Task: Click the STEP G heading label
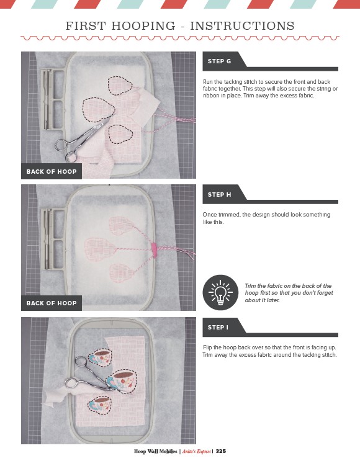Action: point(219,61)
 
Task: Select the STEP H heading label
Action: point(219,195)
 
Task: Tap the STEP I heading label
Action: point(218,328)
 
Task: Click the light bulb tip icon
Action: point(220,292)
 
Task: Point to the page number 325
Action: point(221,451)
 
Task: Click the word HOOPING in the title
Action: point(143,26)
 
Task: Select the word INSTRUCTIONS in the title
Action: point(242,26)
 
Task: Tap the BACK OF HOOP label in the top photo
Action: point(52,171)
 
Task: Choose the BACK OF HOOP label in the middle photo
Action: point(52,303)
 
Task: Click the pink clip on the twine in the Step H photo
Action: point(153,249)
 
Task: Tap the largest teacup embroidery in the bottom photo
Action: point(121,381)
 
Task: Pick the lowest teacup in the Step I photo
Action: point(100,405)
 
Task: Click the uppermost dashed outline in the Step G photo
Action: point(120,86)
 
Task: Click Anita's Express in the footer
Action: point(196,451)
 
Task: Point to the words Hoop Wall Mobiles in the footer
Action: point(155,451)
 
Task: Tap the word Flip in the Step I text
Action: point(207,347)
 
